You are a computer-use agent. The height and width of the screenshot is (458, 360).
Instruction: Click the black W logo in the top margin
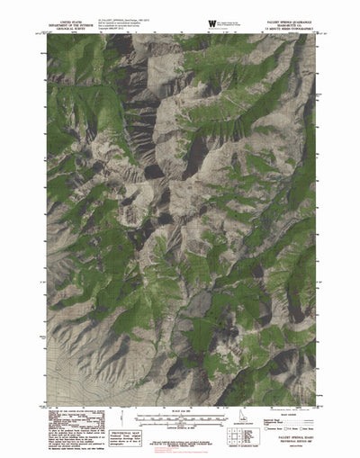pyautogui.click(x=211, y=20)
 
